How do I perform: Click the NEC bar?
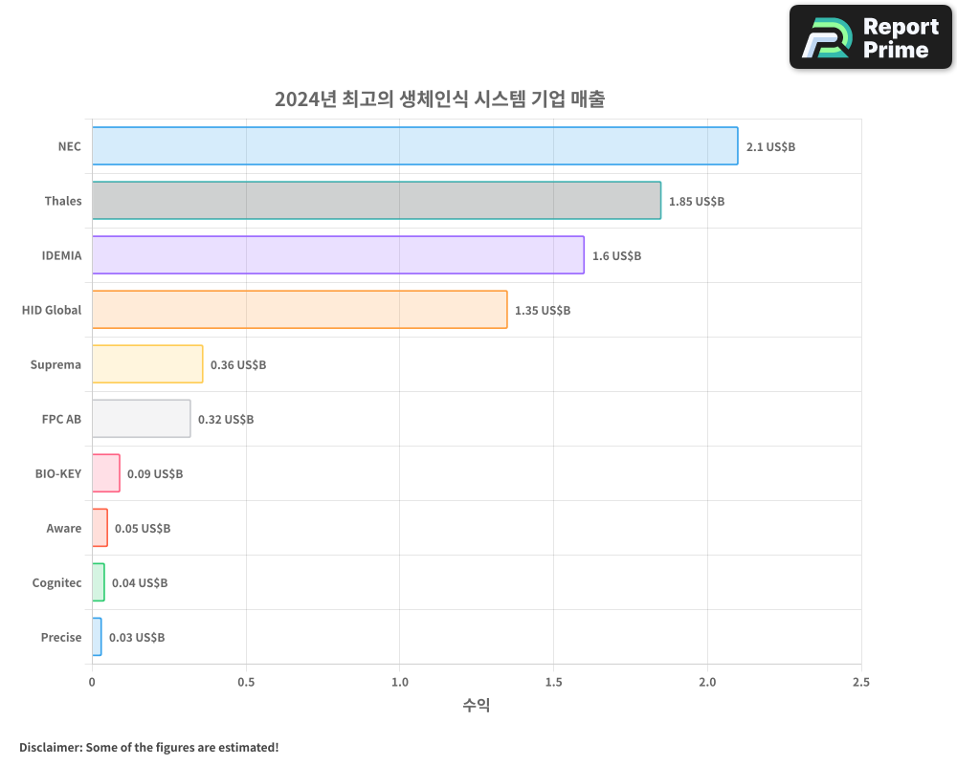coord(414,146)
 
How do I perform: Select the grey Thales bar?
coord(376,201)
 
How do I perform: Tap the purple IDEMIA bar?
coord(338,255)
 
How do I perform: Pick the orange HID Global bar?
coord(300,310)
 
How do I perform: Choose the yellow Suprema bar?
coord(147,364)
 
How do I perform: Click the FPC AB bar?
coord(141,419)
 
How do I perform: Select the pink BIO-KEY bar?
coord(105,473)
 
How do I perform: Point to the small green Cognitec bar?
coord(99,582)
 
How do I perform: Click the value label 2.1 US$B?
coord(770,147)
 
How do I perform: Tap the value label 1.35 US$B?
coord(542,311)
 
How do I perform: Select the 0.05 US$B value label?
coord(143,529)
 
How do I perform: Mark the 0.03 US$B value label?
coord(136,638)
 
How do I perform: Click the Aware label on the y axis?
coord(64,529)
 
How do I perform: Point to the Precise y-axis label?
coord(61,638)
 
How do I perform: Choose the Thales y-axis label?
coord(63,202)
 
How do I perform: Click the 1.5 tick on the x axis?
coord(553,683)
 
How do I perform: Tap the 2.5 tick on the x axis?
coord(860,683)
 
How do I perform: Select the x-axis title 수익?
coord(477,706)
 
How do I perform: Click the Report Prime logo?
coord(870,37)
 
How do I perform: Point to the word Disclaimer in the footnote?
coord(50,747)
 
